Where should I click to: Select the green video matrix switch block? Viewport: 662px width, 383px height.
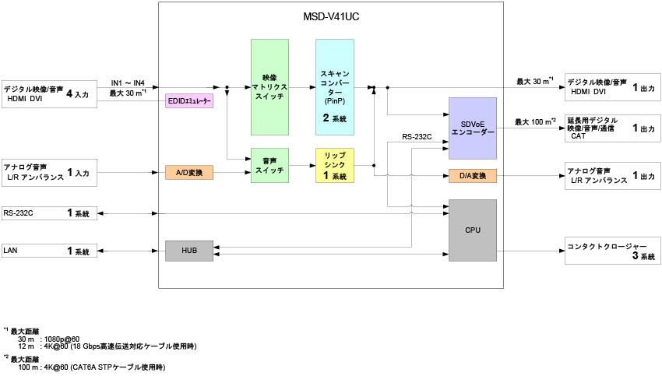(269, 87)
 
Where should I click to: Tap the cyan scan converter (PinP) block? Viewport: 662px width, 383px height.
(335, 87)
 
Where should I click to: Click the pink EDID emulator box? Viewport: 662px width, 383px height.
(189, 102)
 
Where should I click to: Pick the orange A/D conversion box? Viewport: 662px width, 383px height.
(189, 172)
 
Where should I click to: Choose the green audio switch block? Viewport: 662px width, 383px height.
(269, 165)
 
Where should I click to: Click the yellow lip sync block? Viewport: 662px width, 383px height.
(335, 165)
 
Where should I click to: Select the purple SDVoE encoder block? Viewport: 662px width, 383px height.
(473, 128)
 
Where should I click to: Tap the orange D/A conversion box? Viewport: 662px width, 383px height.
(473, 176)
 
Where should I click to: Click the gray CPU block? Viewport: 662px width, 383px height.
(473, 230)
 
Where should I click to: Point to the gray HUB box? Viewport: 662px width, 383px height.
(189, 251)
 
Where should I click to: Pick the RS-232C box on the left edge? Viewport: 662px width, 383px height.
(49, 213)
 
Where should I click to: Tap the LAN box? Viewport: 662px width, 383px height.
(49, 251)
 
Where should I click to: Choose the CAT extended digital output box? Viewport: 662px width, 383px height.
(612, 128)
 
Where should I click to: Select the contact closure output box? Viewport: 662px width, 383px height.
(612, 251)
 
